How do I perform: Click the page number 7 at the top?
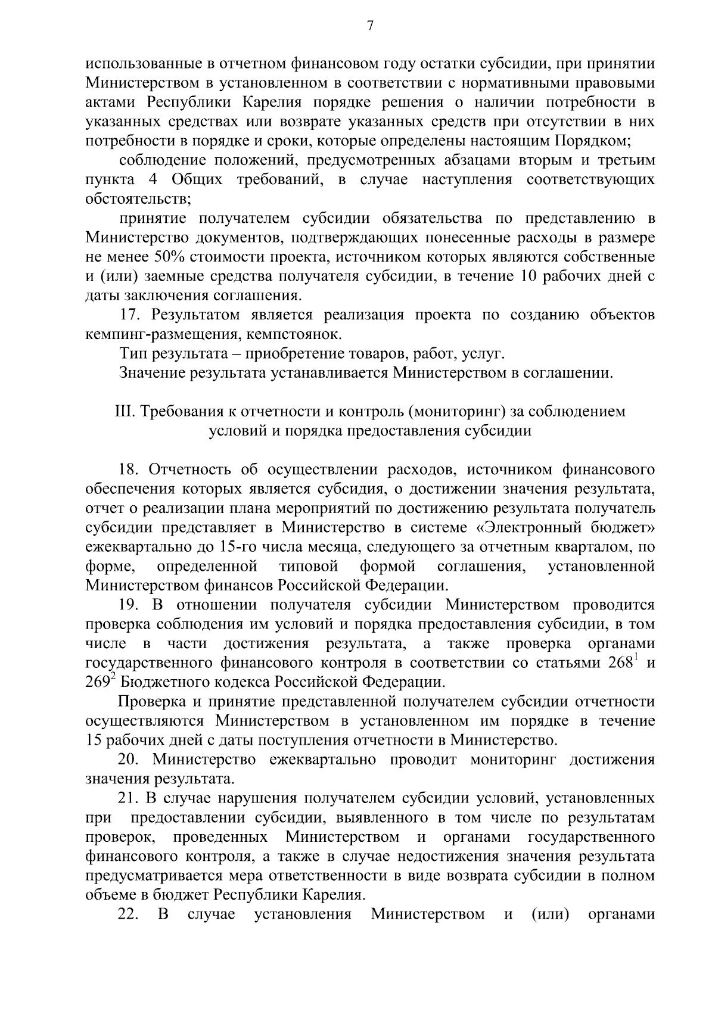[370, 26]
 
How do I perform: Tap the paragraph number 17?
[129, 315]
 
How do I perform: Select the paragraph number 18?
[129, 470]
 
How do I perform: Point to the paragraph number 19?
[129, 605]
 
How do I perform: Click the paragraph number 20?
[129, 760]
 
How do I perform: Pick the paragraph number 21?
[129, 798]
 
